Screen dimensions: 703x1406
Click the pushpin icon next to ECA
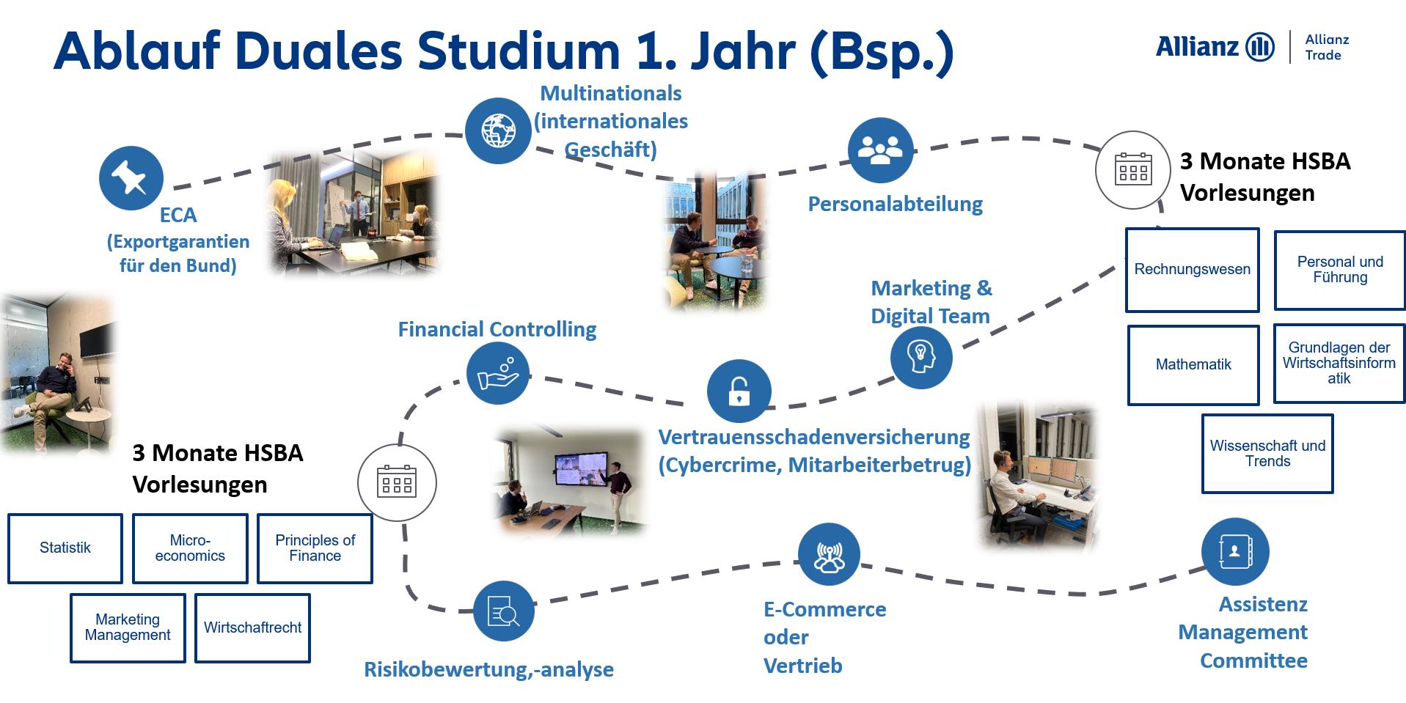[131, 178]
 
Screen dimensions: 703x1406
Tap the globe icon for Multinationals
[498, 130]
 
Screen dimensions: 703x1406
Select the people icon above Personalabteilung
[880, 150]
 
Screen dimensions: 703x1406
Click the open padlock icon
[739, 391]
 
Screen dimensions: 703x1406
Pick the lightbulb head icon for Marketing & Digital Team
[921, 357]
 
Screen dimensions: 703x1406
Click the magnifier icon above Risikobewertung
[503, 611]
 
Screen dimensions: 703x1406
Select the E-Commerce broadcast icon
[829, 555]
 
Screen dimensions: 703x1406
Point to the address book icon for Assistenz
[1234, 551]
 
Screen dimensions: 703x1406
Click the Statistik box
[65, 548]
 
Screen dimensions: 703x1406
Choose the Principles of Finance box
[315, 548]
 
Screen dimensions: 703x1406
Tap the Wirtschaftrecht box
[252, 628]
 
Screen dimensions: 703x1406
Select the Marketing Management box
[128, 628]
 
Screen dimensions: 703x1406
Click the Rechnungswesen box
[1193, 270]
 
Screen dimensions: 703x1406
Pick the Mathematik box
[1193, 365]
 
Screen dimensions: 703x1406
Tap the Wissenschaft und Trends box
[1267, 454]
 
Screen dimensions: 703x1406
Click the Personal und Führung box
[1340, 270]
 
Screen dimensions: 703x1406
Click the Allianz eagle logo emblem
[1260, 47]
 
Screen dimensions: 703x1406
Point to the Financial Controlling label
[497, 330]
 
